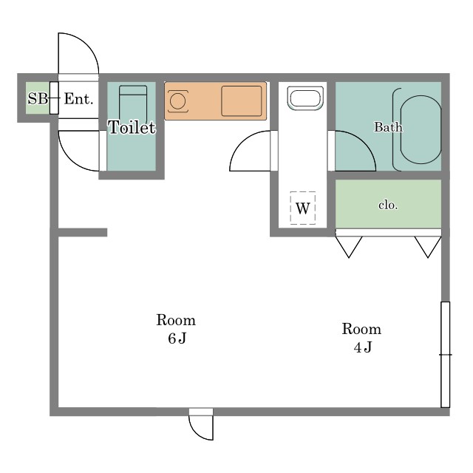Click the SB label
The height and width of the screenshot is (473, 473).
coord(38,98)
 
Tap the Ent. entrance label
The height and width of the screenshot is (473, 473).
coord(78,98)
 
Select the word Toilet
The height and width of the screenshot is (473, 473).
coord(132,127)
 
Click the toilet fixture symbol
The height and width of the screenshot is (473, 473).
coord(133,103)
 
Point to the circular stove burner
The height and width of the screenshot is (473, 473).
coord(177,101)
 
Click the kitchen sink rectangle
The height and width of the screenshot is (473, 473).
coord(242,101)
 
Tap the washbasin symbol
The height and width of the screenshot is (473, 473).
coord(305,98)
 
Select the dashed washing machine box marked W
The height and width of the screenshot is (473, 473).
coord(303,208)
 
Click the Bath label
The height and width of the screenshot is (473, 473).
coord(388,126)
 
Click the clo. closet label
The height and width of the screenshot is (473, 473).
coord(388,205)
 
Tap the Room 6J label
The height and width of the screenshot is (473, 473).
coord(176,329)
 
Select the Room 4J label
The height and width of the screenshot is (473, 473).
coord(361,338)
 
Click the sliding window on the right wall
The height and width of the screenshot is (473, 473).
coord(445,355)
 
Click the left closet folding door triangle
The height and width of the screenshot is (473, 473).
coord(349,247)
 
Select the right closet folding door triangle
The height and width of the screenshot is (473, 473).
coord(428,247)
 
